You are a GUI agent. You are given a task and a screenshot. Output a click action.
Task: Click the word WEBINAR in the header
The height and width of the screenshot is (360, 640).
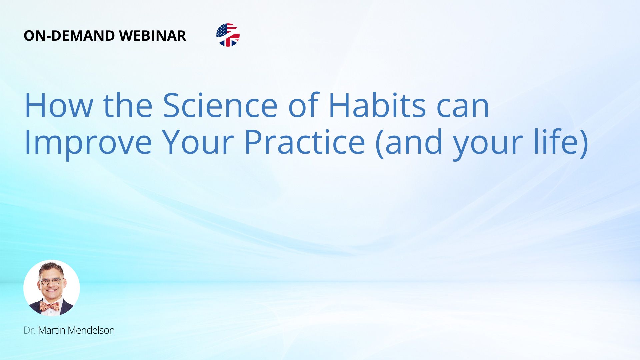152,36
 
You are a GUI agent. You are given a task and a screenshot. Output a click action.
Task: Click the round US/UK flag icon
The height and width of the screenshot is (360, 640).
228,35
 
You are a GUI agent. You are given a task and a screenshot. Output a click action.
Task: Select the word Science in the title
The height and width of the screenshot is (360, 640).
220,105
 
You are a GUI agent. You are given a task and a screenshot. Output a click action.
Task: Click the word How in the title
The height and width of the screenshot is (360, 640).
59,105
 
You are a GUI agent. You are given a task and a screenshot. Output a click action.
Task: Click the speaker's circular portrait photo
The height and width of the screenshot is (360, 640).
52,288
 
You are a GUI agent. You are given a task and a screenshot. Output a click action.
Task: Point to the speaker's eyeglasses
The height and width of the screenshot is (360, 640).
51,281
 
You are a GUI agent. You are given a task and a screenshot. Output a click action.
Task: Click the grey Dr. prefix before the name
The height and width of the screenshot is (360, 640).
30,330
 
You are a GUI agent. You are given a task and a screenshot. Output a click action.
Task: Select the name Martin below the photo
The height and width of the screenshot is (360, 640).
52,330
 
